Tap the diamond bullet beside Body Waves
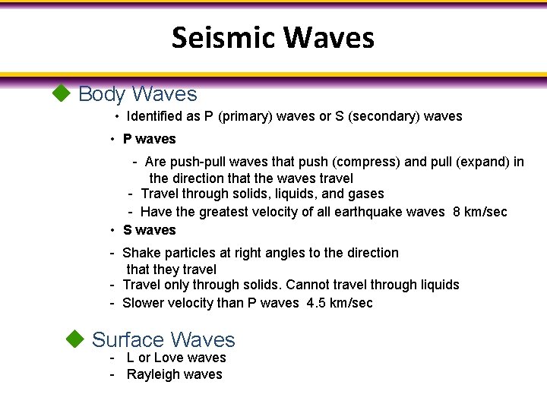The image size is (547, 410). pyautogui.click(x=60, y=93)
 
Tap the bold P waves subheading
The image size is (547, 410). pyautogui.click(x=149, y=139)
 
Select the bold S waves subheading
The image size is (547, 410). pyautogui.click(x=149, y=230)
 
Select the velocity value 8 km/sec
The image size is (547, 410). pyautogui.click(x=480, y=212)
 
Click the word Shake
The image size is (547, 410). pyautogui.click(x=140, y=253)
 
